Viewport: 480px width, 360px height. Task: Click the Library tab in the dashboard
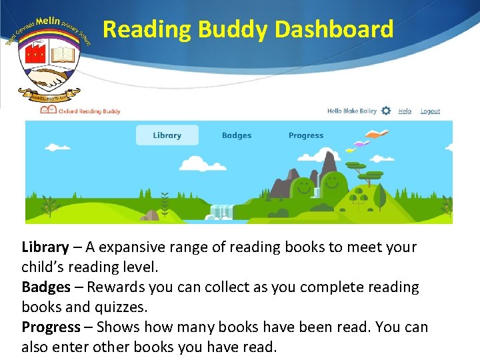coord(167,135)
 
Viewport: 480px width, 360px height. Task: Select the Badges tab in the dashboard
coord(237,135)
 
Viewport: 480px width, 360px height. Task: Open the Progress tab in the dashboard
coord(306,135)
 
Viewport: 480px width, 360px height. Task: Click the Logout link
coord(430,111)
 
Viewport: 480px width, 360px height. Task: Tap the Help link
coord(405,111)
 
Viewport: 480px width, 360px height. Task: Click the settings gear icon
coord(386,111)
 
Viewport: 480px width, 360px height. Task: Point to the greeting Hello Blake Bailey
coord(352,111)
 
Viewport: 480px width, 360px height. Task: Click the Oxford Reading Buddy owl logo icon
coord(48,111)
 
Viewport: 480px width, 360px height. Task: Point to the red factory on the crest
coord(34,53)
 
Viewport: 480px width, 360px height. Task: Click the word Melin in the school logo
coord(49,23)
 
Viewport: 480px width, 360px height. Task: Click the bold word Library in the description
coord(45,247)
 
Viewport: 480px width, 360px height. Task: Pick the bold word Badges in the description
coord(45,287)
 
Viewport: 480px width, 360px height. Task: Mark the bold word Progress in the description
coord(51,327)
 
